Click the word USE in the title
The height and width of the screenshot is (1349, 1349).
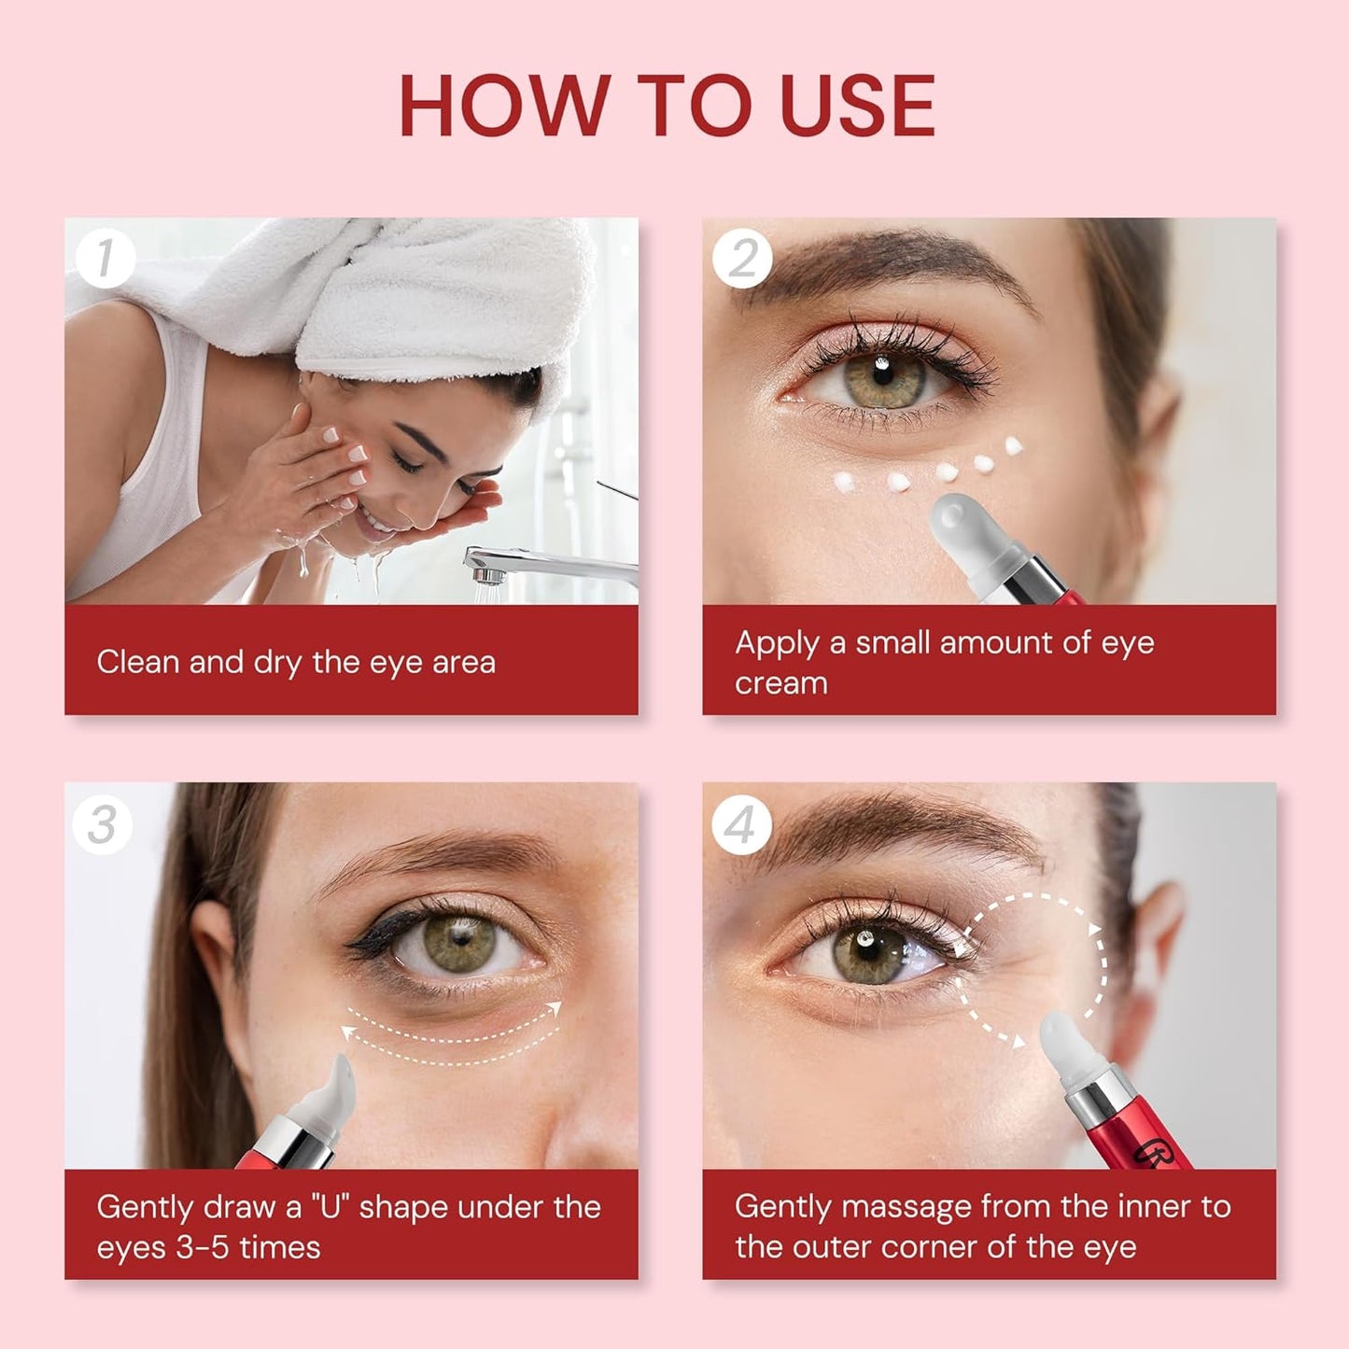pyautogui.click(x=856, y=105)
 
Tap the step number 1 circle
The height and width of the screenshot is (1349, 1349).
pyautogui.click(x=105, y=259)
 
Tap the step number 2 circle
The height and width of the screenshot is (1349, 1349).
pyautogui.click(x=742, y=259)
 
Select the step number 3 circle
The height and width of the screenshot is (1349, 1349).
pyautogui.click(x=103, y=824)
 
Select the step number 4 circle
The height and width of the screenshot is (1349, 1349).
pyautogui.click(x=740, y=825)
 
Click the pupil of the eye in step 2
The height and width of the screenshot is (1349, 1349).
pyautogui.click(x=883, y=375)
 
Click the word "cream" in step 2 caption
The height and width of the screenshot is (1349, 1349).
pyautogui.click(x=780, y=683)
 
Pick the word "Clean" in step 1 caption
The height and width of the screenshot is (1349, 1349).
pyautogui.click(x=138, y=662)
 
